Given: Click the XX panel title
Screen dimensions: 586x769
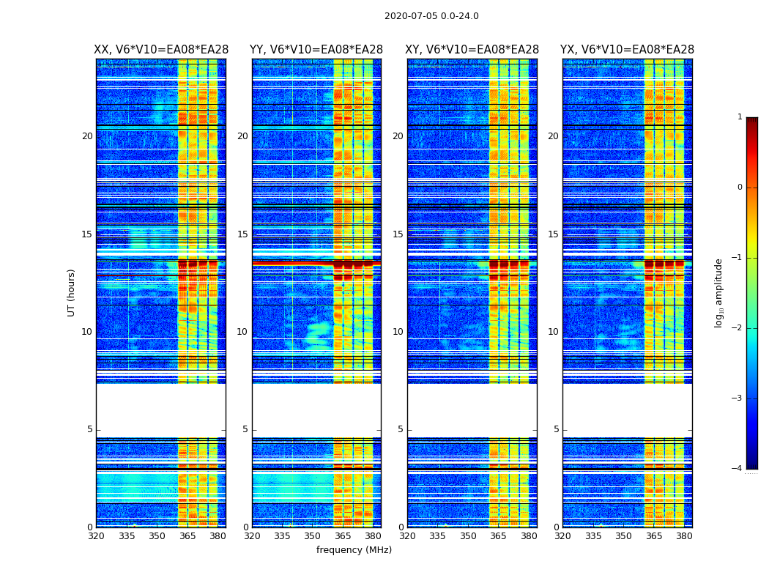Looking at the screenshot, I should (x=161, y=50).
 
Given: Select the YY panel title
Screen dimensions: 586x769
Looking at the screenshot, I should (x=316, y=50).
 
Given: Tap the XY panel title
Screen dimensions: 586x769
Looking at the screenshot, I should (x=472, y=50).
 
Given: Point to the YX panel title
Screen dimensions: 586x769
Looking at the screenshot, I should (x=627, y=50).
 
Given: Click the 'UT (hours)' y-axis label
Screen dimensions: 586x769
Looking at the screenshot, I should (x=72, y=292).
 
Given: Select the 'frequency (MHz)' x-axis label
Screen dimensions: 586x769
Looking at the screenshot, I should (x=354, y=550).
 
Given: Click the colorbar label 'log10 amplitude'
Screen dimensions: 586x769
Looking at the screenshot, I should (x=719, y=292).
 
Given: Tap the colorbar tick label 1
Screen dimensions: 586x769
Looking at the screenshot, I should (x=739, y=117).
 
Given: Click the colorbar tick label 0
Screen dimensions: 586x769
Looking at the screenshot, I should (x=739, y=188).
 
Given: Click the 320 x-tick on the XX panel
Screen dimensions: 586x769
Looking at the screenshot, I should (x=96, y=536).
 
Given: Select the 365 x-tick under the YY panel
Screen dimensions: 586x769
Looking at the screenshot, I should (x=343, y=536).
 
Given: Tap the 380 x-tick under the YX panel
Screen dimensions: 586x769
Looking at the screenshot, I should (x=684, y=536).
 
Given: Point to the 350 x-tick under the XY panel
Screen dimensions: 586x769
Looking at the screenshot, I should (x=468, y=536).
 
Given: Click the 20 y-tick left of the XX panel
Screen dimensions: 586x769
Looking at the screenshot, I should (x=87, y=136).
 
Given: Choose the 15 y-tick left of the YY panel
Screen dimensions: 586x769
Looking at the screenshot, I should (x=242, y=234).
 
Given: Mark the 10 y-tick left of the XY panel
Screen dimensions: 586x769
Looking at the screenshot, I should (x=398, y=332).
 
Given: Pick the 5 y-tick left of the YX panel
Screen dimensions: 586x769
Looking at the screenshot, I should (x=556, y=430).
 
